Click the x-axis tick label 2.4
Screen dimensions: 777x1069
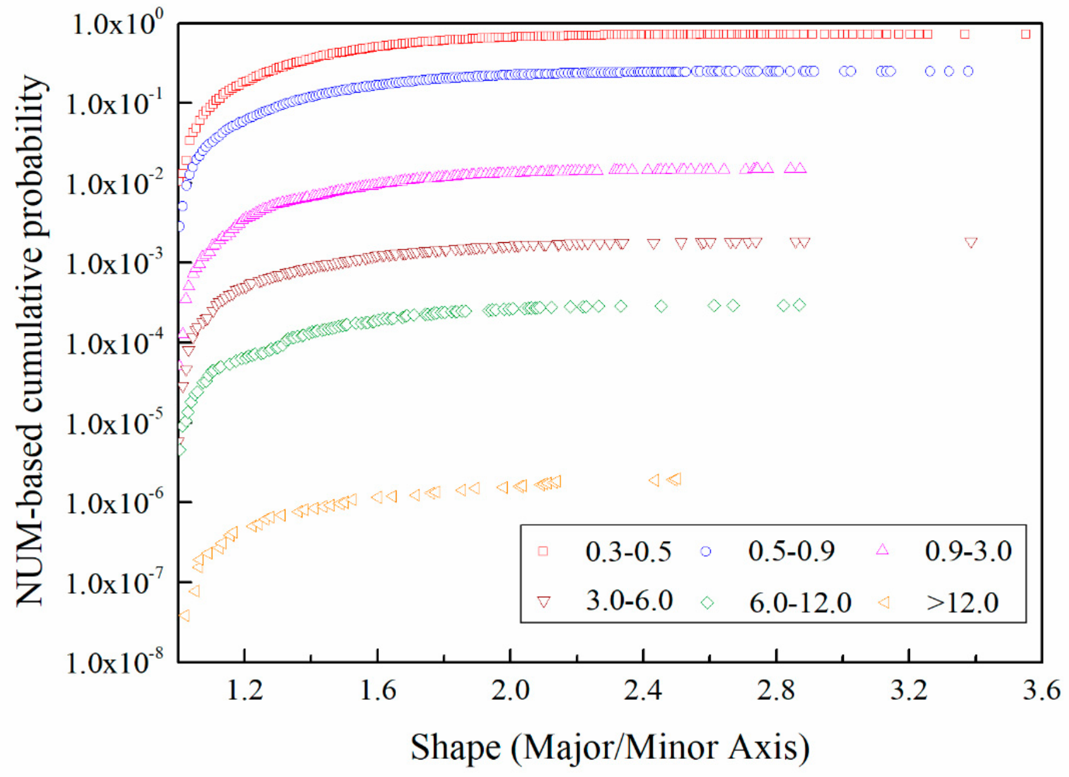point(643,691)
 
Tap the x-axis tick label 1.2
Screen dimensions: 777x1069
point(244,691)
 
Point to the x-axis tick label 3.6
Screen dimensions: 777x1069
point(1041,691)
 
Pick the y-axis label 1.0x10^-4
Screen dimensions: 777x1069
point(109,343)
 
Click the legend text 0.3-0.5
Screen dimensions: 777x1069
point(628,552)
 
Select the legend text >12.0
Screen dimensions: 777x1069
point(962,602)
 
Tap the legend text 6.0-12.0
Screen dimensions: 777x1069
point(800,602)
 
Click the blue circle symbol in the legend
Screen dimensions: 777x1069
point(706,552)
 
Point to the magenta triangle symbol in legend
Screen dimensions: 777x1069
point(882,550)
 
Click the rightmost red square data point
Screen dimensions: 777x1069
point(1025,34)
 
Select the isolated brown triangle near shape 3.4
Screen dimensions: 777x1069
point(971,243)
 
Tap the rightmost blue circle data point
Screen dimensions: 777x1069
point(968,71)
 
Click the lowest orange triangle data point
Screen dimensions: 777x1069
point(184,616)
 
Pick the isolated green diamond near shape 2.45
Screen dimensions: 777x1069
point(661,306)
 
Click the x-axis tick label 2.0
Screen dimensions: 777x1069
point(510,691)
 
